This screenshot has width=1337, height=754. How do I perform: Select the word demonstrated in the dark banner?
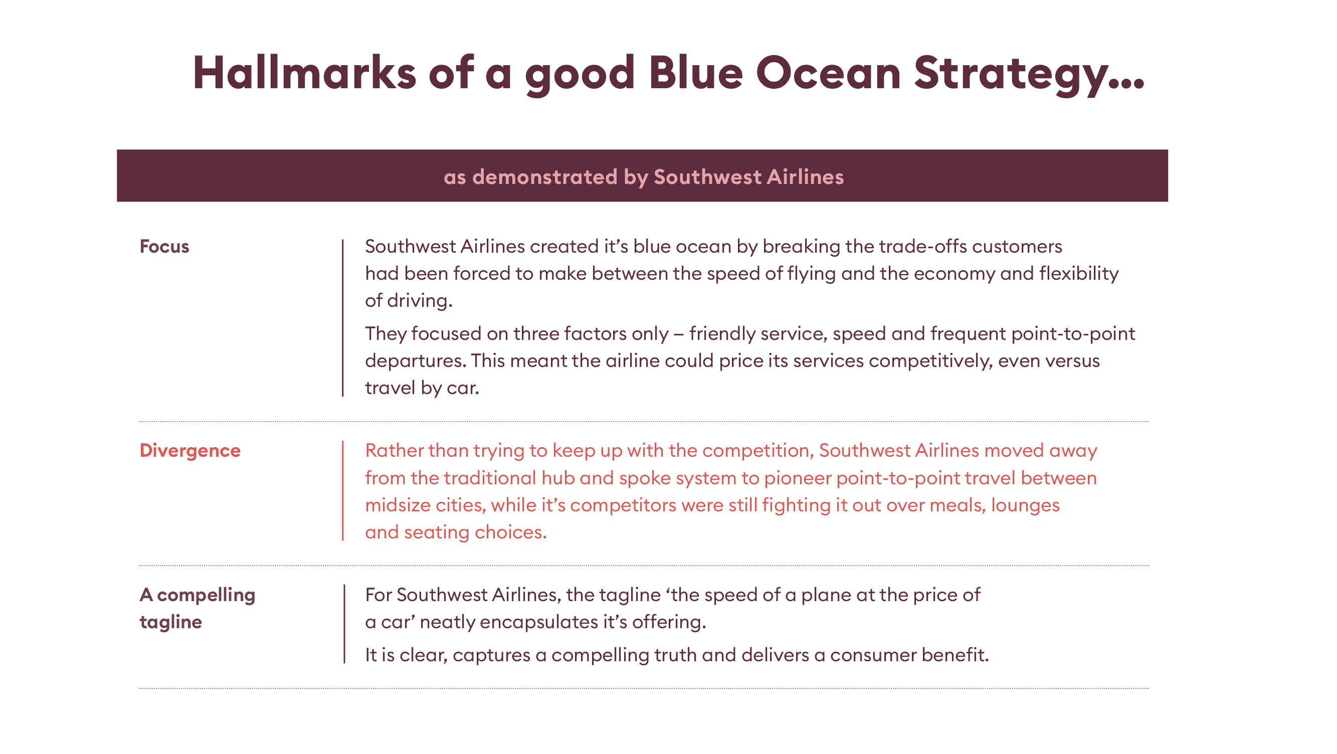click(x=545, y=176)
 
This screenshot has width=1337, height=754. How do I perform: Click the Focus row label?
click(x=164, y=246)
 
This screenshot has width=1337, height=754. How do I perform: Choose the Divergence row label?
click(x=190, y=450)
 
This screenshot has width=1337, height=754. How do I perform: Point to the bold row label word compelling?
click(x=206, y=595)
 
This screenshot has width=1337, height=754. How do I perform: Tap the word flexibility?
click(x=1078, y=273)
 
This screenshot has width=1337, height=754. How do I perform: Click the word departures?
click(x=415, y=361)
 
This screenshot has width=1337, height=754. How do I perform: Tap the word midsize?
click(x=398, y=505)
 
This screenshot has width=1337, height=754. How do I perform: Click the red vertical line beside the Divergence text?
click(x=343, y=490)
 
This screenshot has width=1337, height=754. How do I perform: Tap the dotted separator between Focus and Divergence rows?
click(x=644, y=422)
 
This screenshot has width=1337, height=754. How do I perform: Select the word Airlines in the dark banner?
click(x=805, y=176)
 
